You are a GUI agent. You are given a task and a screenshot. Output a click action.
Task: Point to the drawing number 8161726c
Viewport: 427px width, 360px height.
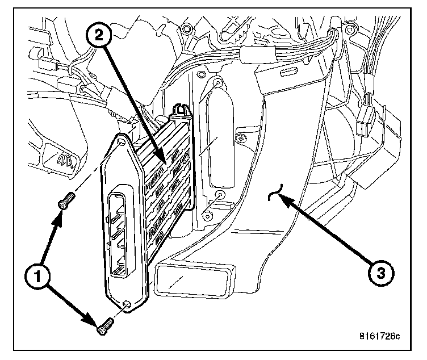[379, 336]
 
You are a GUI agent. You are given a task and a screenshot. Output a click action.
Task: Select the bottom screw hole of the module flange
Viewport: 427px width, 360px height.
[128, 305]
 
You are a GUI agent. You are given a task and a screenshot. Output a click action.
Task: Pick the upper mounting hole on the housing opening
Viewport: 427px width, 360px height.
[217, 84]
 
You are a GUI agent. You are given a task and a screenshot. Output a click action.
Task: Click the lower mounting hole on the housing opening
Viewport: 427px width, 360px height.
[219, 196]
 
